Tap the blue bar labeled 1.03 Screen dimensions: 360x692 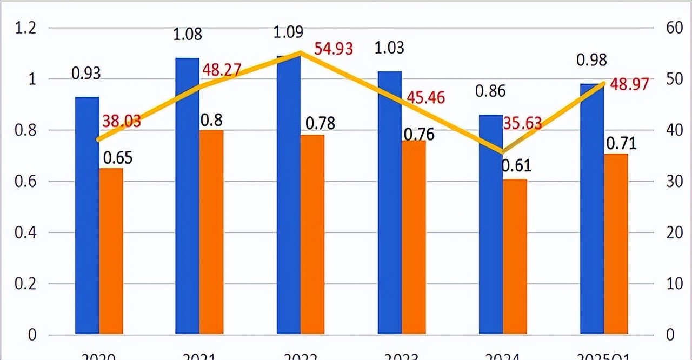click(x=389, y=202)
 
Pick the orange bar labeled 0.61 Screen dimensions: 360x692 click(x=515, y=256)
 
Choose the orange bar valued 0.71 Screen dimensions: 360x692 click(x=616, y=243)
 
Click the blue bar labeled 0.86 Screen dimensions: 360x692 click(x=490, y=224)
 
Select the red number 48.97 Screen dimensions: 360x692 click(x=628, y=85)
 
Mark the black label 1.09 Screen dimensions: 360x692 click(x=288, y=32)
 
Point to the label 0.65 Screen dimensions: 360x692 click(x=118, y=158)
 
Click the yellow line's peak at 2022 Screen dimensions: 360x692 click(x=300, y=52)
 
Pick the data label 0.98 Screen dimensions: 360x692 click(x=591, y=60)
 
